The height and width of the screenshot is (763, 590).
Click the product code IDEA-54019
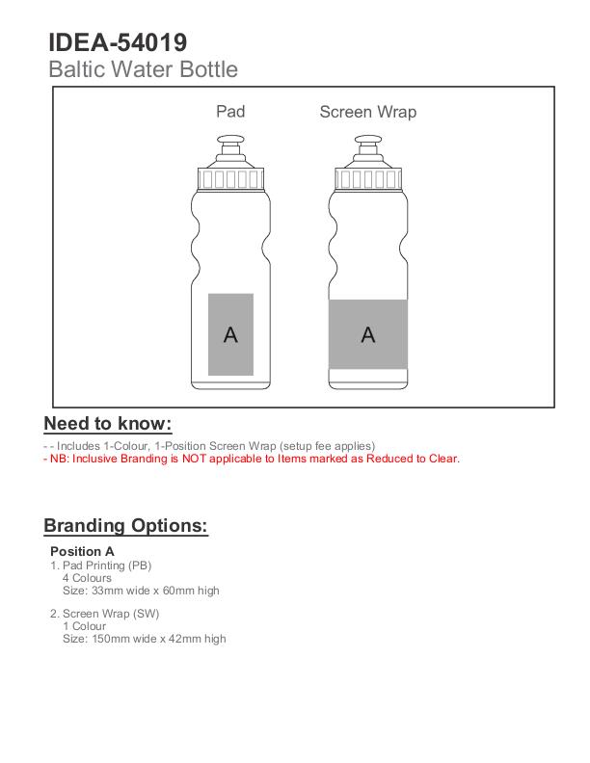(x=118, y=42)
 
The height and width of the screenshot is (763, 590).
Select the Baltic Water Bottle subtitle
(x=143, y=69)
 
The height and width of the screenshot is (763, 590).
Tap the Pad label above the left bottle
(x=230, y=112)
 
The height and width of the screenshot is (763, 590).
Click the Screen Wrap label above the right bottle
(x=367, y=112)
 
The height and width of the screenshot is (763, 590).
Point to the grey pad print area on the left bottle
(x=231, y=334)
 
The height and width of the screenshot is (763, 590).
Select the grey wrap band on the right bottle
(x=367, y=334)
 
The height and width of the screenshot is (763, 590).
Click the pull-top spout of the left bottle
(x=231, y=149)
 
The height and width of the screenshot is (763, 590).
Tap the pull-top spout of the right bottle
(x=368, y=149)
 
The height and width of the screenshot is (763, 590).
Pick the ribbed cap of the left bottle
(x=231, y=178)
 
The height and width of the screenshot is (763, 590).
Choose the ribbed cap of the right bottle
(x=368, y=178)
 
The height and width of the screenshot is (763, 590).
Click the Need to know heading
(x=108, y=424)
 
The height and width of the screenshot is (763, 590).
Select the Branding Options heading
(x=125, y=526)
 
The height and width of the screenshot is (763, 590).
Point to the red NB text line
(x=252, y=459)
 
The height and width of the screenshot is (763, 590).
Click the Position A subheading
(x=82, y=552)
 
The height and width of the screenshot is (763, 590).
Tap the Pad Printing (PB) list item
(x=101, y=566)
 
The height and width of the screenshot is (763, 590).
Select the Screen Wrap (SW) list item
(x=104, y=614)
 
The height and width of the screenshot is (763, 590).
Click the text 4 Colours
(x=87, y=578)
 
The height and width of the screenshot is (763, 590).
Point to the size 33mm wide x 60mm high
(x=141, y=591)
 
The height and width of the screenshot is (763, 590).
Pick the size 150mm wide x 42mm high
(x=145, y=639)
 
